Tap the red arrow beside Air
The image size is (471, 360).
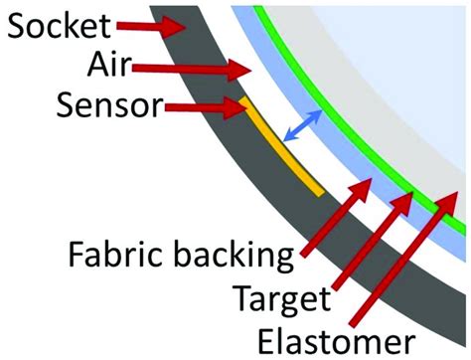[x=203, y=70]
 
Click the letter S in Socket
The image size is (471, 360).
[x=17, y=30]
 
